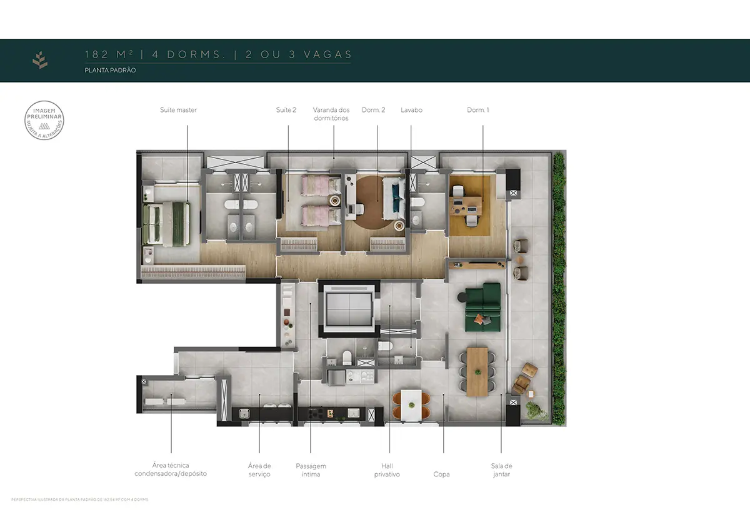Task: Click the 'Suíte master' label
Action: tap(178, 110)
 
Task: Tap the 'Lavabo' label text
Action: tap(411, 110)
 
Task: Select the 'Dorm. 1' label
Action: tap(477, 110)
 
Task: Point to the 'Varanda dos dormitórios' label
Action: tap(331, 114)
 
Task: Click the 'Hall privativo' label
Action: tap(387, 470)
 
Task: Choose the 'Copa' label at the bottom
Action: tap(441, 474)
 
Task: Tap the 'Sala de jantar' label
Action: tap(501, 470)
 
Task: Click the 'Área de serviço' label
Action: tap(259, 470)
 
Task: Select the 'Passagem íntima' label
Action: tap(311, 470)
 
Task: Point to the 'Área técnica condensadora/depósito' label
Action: tap(171, 469)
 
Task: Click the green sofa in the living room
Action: tap(482, 307)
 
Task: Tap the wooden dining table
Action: tap(477, 371)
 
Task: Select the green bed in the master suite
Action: tap(166, 223)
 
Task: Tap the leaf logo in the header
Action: tap(40, 60)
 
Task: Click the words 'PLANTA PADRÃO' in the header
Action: tap(111, 71)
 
